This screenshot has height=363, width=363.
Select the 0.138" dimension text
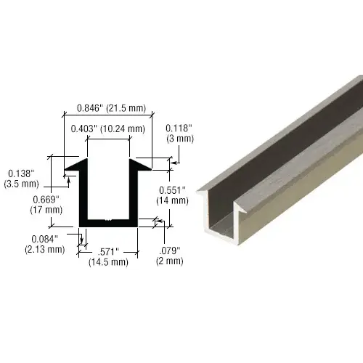click(x=21, y=174)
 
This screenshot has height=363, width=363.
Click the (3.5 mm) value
click(x=22, y=184)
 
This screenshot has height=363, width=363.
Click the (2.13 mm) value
click(x=46, y=249)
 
